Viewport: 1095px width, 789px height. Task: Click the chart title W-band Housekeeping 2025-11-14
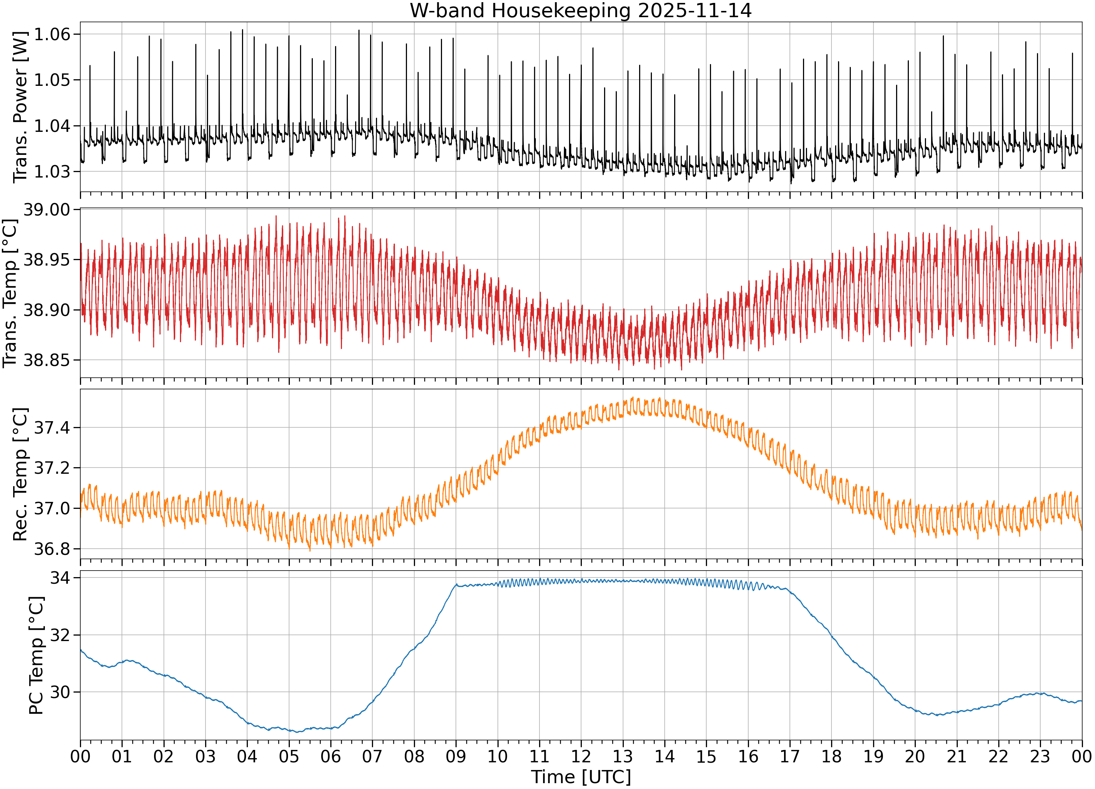(581, 11)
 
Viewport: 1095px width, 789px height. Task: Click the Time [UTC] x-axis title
(581, 777)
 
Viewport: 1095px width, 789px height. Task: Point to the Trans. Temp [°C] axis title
(10, 293)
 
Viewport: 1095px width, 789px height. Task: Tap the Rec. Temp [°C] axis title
(20, 474)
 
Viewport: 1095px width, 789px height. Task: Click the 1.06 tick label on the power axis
(52, 34)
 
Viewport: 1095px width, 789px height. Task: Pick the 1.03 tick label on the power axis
(52, 172)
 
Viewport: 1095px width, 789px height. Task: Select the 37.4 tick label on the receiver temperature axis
(52, 428)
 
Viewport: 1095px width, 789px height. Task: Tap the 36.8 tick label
(52, 549)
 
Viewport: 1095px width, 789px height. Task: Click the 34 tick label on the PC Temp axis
(60, 578)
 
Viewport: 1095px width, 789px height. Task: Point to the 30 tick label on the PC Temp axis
(60, 692)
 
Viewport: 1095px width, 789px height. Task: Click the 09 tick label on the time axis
(456, 756)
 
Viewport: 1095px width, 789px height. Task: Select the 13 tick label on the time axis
(623, 756)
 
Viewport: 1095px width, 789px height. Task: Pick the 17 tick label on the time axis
(790, 756)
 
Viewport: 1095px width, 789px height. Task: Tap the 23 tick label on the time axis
(1041, 756)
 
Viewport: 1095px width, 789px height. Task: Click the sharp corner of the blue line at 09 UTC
(456, 584)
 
